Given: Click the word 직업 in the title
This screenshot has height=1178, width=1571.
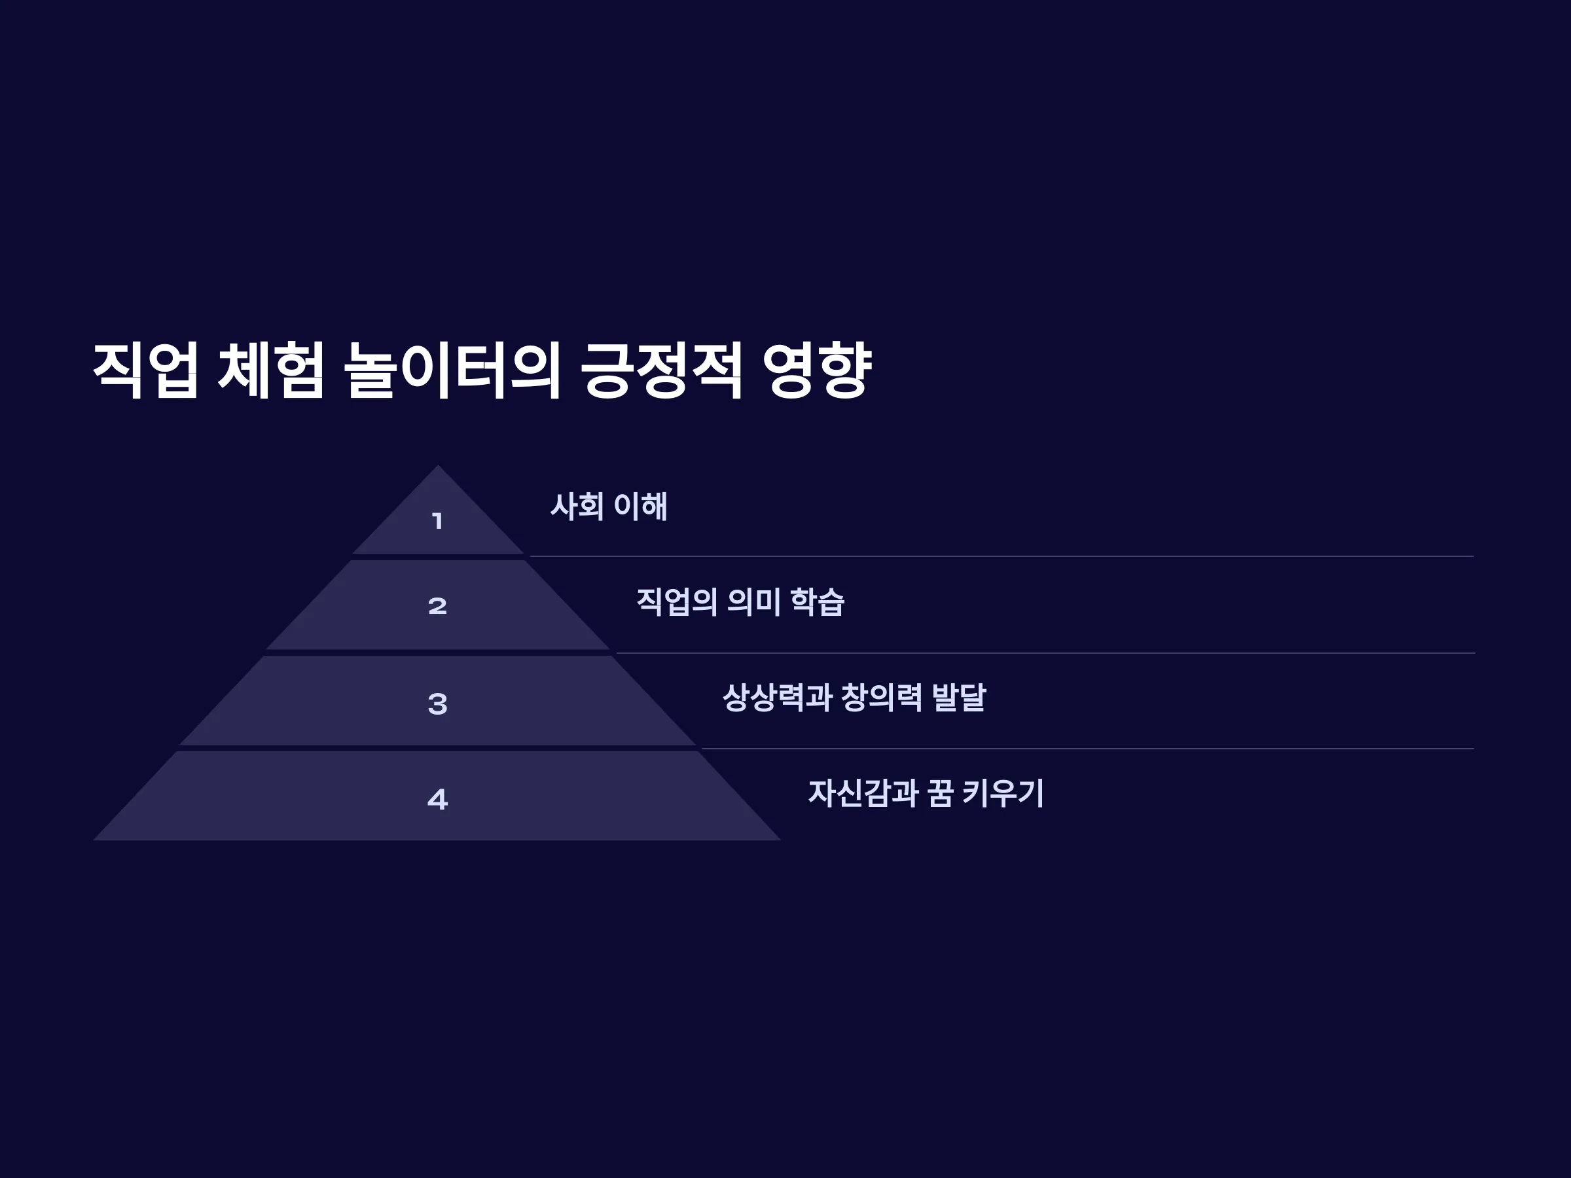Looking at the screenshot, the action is click(145, 369).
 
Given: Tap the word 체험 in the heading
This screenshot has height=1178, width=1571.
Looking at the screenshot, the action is click(270, 369).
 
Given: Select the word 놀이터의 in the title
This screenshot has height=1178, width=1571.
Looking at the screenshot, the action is click(452, 369).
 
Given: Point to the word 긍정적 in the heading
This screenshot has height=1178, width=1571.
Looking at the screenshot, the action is click(661, 369).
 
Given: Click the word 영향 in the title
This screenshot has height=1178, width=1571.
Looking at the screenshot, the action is click(817, 369).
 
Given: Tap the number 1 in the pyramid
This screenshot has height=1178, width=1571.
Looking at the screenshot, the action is click(437, 521).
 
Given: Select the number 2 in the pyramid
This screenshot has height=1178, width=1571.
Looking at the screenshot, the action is click(437, 605).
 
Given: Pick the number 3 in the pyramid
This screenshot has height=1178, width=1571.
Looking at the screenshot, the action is click(437, 704).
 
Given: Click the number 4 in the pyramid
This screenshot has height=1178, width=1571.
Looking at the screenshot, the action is click(437, 800).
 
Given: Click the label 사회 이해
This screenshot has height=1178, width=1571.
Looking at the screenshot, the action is click(609, 507).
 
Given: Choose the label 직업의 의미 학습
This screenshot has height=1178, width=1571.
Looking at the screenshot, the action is click(740, 602).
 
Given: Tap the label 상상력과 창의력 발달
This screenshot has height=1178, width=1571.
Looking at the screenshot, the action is click(854, 697).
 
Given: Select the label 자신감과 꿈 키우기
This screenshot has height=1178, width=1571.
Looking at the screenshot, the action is click(926, 793).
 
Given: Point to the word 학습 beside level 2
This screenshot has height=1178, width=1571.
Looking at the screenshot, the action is click(817, 602).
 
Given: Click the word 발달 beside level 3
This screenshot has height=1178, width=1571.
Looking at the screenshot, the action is click(958, 697).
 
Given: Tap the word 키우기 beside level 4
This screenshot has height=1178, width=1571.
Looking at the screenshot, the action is click(1003, 793).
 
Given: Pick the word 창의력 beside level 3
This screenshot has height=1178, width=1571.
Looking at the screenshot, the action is click(881, 697).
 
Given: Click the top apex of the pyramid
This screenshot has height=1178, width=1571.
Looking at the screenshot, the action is click(437, 465).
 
